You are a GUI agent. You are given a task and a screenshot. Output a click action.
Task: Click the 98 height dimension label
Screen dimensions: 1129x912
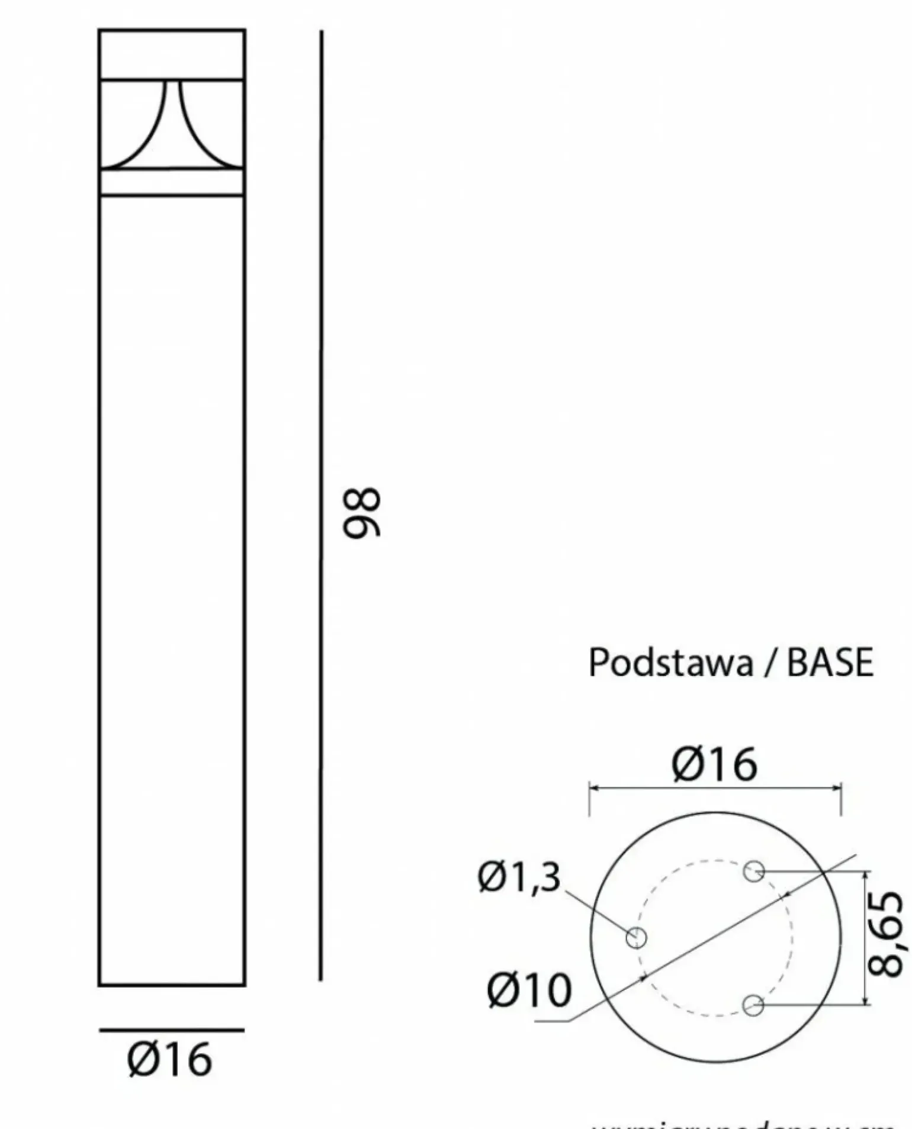pos(362,513)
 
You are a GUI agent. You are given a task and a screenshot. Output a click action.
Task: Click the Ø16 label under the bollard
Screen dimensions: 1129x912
pos(169,1060)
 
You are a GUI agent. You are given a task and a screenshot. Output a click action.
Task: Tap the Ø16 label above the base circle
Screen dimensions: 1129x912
pos(714,764)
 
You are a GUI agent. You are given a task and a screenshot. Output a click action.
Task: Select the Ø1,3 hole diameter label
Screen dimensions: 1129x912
pos(519,877)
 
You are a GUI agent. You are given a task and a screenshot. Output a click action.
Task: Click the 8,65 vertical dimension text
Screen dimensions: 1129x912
pos(886,935)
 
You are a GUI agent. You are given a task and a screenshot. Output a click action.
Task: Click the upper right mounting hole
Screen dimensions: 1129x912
pos(754,871)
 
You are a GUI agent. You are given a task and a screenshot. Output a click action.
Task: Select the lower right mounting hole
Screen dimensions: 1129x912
pos(753,1005)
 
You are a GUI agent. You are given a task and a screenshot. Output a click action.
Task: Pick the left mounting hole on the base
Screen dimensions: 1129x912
pos(636,937)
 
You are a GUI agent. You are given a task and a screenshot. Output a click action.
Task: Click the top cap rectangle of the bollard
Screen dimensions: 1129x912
pos(172,54)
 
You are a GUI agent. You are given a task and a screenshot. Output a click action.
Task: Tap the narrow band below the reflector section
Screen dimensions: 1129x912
pos(172,182)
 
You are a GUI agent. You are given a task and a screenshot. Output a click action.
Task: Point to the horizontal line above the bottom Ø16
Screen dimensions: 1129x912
pos(172,1030)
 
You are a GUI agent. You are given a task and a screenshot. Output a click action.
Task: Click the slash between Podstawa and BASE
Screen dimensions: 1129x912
pos(769,663)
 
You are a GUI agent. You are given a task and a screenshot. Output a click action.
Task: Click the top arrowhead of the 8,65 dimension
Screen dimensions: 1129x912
pos(866,876)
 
